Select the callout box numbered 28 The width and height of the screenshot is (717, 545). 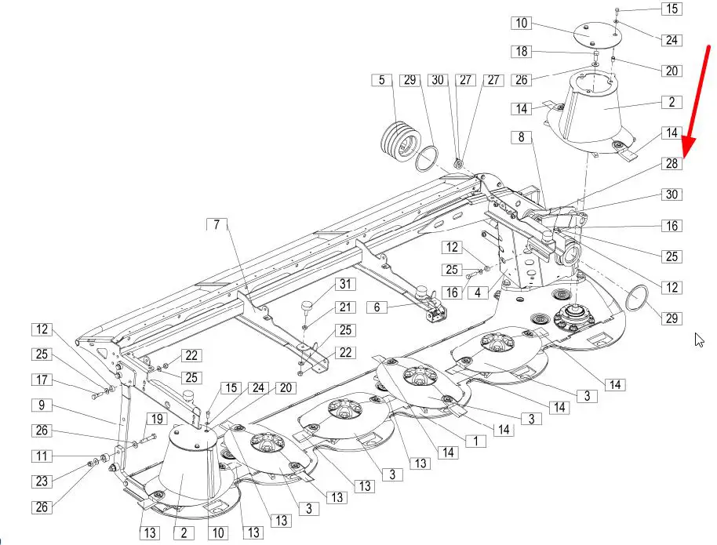[672, 163]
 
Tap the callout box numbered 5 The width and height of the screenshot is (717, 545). [382, 80]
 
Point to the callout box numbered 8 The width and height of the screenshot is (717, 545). [522, 137]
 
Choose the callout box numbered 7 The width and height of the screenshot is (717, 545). [217, 225]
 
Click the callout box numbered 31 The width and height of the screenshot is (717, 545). [345, 284]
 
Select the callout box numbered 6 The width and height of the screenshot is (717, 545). [377, 307]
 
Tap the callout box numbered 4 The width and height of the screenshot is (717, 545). [478, 292]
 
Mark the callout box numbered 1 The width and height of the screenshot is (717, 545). [475, 441]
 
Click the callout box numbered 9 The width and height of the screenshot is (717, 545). [42, 405]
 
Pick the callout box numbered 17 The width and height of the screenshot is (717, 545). [42, 380]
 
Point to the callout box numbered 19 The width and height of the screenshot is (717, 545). [157, 419]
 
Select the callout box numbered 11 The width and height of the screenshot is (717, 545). [42, 456]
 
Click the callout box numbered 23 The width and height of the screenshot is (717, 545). [42, 481]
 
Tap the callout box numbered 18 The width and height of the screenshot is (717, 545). [522, 51]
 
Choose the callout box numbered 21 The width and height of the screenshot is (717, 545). [345, 307]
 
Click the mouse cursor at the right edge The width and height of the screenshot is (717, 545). [699, 340]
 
